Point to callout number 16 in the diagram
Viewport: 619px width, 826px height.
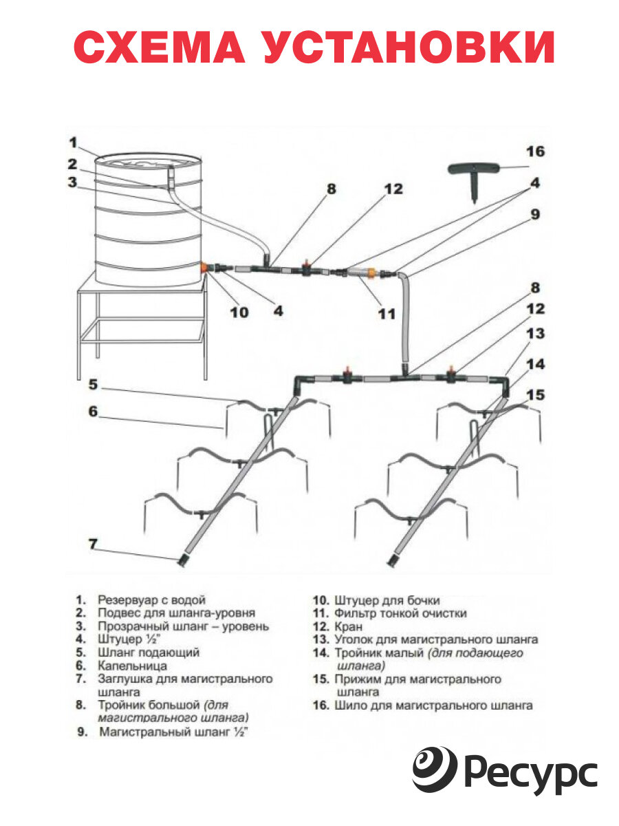point(535,151)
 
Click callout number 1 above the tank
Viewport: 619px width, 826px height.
point(74,142)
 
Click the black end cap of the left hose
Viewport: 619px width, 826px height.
point(184,561)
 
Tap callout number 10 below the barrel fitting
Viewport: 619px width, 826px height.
point(239,311)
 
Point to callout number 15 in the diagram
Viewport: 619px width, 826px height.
point(534,395)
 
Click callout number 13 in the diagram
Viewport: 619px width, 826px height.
point(535,334)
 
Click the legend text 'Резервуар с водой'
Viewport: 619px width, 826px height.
point(151,600)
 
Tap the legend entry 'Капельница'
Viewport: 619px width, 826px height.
point(132,666)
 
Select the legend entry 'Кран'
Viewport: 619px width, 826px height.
point(348,626)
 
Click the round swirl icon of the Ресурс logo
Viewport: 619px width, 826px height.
point(435,770)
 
